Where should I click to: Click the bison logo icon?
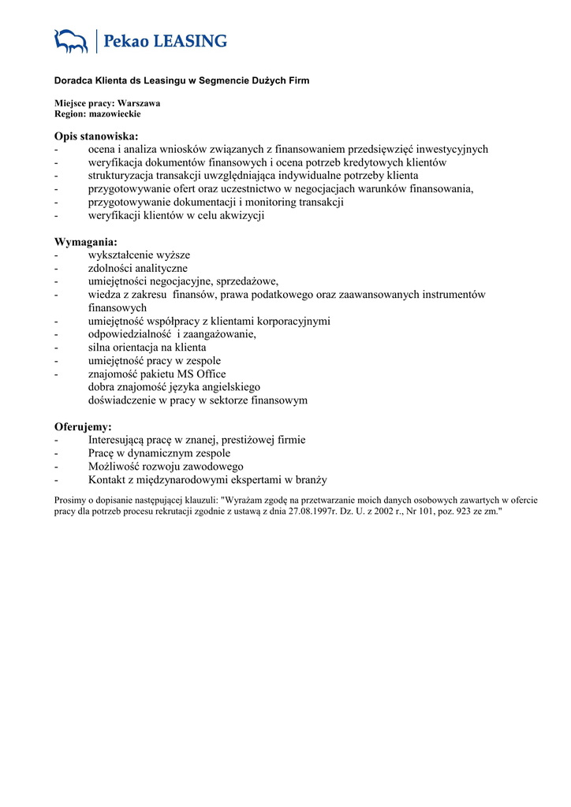[71, 41]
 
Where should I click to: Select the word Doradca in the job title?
[73, 80]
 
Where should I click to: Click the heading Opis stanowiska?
[96, 136]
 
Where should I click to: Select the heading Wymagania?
[85, 242]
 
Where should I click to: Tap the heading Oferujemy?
[83, 426]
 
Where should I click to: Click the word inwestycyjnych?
[450, 149]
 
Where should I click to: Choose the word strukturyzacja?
[122, 176]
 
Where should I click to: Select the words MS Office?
[200, 374]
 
